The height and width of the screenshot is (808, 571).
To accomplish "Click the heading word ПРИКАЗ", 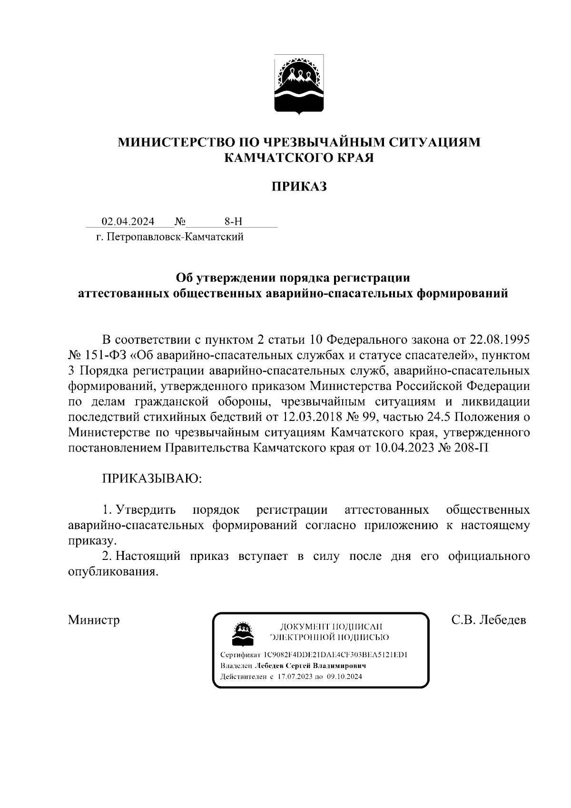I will pos(299,187).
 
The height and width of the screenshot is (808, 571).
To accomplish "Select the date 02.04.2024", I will pos(128,221).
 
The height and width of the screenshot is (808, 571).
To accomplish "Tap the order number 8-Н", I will pos(233,221).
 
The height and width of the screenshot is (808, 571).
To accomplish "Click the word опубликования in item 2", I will pos(113,572).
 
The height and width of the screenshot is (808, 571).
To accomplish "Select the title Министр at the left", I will pos(94,620).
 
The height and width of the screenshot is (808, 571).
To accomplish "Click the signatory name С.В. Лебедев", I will pos(489,620).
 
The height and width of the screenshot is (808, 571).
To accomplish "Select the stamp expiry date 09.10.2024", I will pos(345,677).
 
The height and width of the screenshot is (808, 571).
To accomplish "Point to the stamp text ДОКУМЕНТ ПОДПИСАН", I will pos(332,627).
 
